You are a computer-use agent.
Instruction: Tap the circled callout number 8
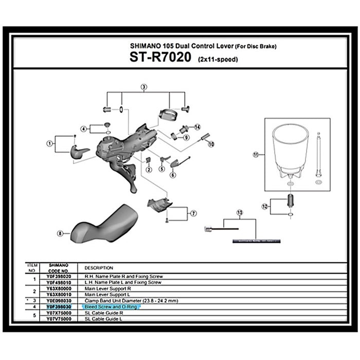point(60,233)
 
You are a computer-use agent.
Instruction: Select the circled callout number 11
point(255,154)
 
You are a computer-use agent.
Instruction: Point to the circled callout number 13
point(239,212)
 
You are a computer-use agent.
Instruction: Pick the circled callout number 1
point(50,143)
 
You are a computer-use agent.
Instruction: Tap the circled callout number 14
point(197,127)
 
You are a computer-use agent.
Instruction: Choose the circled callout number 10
point(210,145)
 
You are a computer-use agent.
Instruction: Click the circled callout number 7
point(193,212)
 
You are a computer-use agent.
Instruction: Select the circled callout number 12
point(265,206)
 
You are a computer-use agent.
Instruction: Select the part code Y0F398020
point(58,276)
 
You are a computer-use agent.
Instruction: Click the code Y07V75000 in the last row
point(58,318)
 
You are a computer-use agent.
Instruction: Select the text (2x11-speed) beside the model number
point(218,60)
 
